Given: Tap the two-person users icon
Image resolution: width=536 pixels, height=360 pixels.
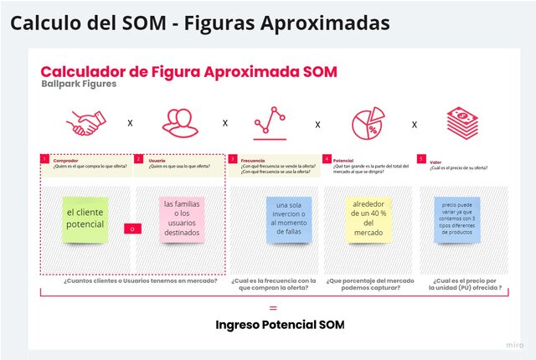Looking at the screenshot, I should tap(181, 123).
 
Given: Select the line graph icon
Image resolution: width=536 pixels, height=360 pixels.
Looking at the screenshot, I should tap(270, 122).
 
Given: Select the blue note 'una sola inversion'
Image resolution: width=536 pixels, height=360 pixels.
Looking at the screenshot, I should tap(287, 218).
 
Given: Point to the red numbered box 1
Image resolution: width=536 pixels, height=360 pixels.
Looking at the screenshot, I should tap(44, 158).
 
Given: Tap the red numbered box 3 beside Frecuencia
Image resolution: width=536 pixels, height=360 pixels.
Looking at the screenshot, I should tap(233, 158).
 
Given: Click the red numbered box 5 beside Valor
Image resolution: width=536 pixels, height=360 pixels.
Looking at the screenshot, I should tap(421, 158).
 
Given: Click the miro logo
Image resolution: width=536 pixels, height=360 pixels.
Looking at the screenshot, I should tap(514, 344).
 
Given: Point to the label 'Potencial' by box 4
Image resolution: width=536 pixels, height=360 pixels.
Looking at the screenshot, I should tap(343, 159).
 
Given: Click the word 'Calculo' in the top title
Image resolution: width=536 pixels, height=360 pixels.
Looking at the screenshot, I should tap(48, 23).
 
